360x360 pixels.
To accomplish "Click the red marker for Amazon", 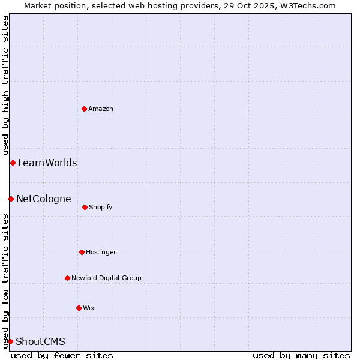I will point(84,109).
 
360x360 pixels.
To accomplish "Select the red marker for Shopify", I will point(85,207).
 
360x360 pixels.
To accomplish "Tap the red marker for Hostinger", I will point(82,252).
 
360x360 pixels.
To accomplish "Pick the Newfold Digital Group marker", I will point(67,278).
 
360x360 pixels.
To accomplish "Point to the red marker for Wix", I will point(79,308).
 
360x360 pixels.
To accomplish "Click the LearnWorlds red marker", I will point(13,163).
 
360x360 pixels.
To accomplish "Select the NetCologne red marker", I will point(11,199).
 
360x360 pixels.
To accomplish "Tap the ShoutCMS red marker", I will point(10,341).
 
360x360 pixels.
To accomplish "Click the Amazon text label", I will point(101,109).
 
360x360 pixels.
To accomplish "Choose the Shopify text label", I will point(101,207).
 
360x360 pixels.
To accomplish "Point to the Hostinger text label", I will point(101,252).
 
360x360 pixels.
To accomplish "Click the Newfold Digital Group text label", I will point(106,278).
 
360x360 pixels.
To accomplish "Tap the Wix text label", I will point(89,308).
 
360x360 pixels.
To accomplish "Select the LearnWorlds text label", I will point(47,163).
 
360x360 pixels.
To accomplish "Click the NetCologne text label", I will point(44,199).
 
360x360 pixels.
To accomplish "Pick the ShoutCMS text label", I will point(40,341).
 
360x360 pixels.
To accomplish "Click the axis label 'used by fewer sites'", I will point(62,355).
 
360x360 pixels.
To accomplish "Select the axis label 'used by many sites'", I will point(301,355).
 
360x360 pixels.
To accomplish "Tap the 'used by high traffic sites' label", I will point(5,85).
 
